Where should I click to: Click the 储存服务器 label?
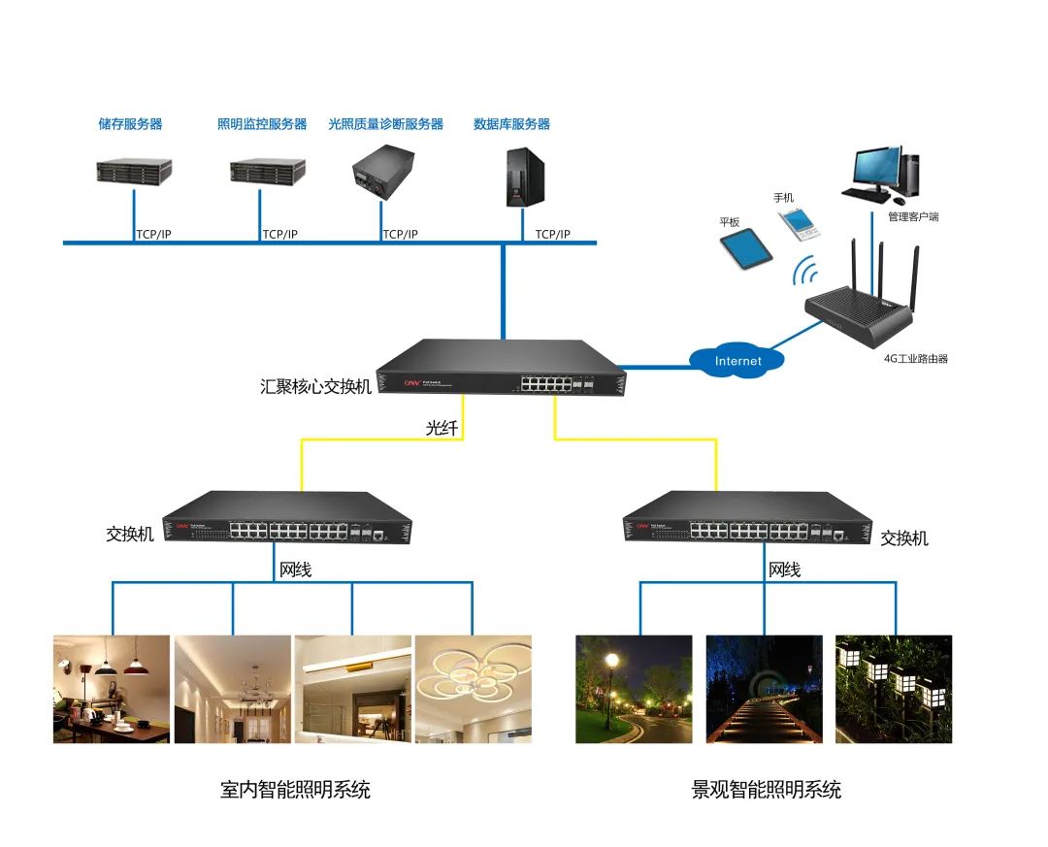click(x=130, y=124)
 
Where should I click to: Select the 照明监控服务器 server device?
click(x=260, y=171)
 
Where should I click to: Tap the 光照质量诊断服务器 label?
click(x=386, y=124)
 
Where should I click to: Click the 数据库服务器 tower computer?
click(x=520, y=176)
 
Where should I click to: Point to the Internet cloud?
click(x=737, y=361)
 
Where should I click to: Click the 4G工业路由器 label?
click(x=915, y=358)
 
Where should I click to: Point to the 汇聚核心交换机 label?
click(x=315, y=386)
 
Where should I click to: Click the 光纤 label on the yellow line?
click(x=442, y=427)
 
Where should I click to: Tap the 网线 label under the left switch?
click(x=295, y=570)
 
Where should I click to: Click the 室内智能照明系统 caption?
click(x=295, y=789)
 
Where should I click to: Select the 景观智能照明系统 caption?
click(x=766, y=789)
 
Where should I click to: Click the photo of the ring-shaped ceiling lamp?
click(x=474, y=689)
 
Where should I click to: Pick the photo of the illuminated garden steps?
click(x=764, y=689)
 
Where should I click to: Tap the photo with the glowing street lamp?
click(x=634, y=689)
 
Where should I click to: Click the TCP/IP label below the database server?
click(x=552, y=234)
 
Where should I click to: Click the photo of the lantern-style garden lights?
click(x=894, y=689)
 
